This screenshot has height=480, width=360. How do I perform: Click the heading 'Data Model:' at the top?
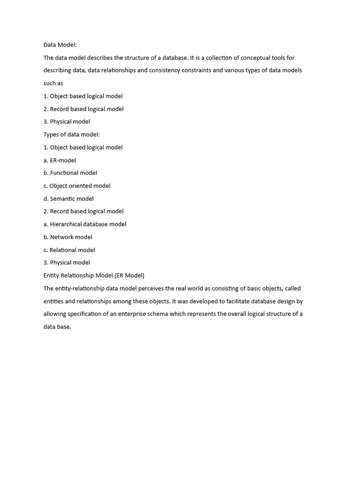[60, 45]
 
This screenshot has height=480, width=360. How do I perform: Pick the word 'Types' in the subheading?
[52, 135]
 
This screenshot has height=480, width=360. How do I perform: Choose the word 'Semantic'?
[63, 199]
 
